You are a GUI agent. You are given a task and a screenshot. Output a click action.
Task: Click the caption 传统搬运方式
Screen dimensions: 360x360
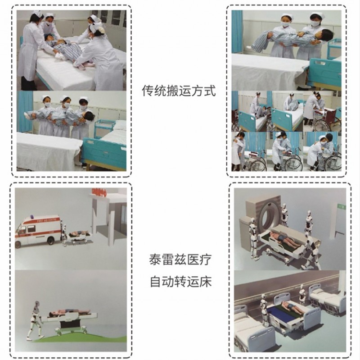[179, 91]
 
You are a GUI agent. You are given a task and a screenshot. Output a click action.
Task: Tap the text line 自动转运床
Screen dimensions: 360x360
[180, 282]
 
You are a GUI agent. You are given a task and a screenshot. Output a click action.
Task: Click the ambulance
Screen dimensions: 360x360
[38, 231]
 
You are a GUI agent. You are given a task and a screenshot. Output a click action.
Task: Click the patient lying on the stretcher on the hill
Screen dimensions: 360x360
[69, 311]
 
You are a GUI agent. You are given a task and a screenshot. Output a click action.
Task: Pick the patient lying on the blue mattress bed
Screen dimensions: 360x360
[292, 307]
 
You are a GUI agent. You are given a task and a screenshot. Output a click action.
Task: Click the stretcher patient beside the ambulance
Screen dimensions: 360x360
[78, 233]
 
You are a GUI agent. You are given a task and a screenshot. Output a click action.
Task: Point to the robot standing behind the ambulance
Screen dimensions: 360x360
[64, 235]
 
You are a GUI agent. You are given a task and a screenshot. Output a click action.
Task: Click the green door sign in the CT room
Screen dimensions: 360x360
[341, 206]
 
